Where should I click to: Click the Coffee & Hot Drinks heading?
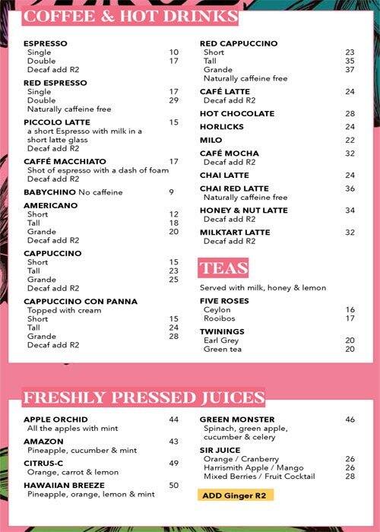[131, 17]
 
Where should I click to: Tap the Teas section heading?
[224, 267]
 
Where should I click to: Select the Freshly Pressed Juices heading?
[144, 397]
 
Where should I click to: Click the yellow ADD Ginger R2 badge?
[236, 495]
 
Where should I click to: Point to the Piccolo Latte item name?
[57, 122]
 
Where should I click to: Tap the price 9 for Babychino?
[171, 192]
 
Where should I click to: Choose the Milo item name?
[211, 141]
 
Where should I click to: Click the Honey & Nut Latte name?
[243, 211]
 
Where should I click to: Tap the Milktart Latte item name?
[235, 233]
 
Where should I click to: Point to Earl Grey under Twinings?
[221, 340]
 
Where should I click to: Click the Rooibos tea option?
[220, 318]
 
